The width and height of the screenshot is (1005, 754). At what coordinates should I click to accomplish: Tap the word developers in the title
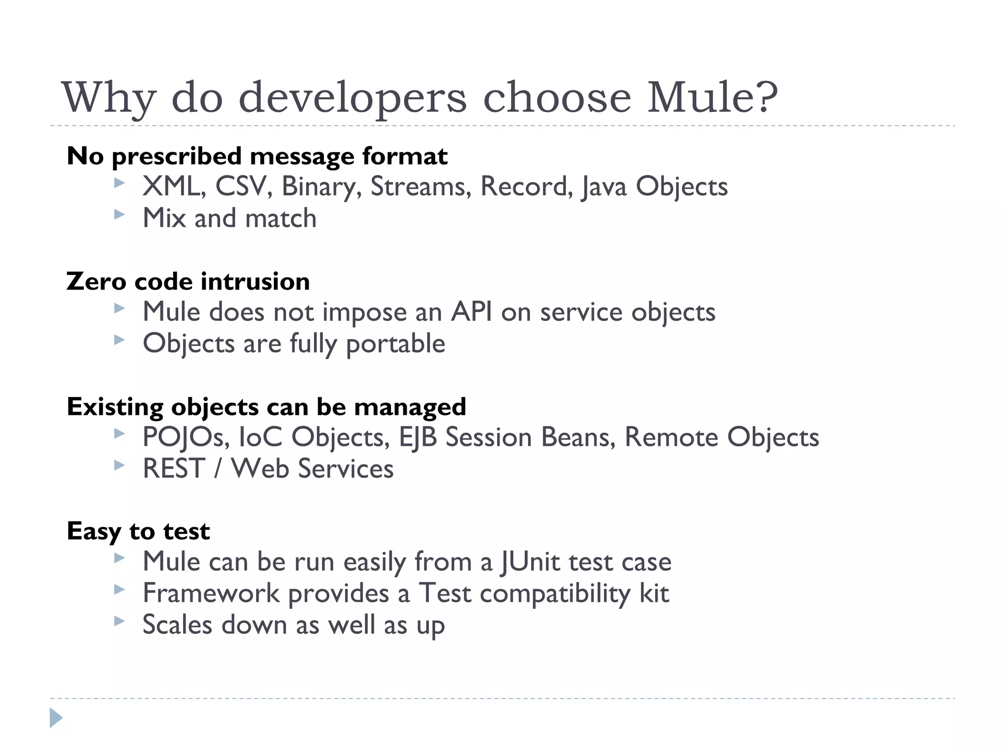[352, 98]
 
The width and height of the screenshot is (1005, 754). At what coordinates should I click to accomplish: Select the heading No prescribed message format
[257, 156]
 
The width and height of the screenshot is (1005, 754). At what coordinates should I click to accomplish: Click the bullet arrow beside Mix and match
[119, 215]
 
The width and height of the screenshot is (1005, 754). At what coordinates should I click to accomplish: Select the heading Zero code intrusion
[188, 281]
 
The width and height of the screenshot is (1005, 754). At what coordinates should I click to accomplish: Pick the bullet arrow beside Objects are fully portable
[119, 340]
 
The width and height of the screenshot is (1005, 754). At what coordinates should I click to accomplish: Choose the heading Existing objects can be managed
[266, 407]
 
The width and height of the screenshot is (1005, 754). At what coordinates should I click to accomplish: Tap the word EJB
[418, 437]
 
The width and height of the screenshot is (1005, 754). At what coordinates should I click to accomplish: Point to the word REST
[174, 468]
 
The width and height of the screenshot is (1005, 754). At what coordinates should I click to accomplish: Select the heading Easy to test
[138, 531]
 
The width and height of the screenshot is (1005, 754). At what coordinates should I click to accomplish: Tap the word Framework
[211, 593]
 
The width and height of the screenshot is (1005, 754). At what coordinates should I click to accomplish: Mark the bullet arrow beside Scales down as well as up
[119, 621]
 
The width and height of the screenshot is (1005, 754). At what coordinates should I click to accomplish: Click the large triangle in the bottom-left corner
[56, 718]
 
